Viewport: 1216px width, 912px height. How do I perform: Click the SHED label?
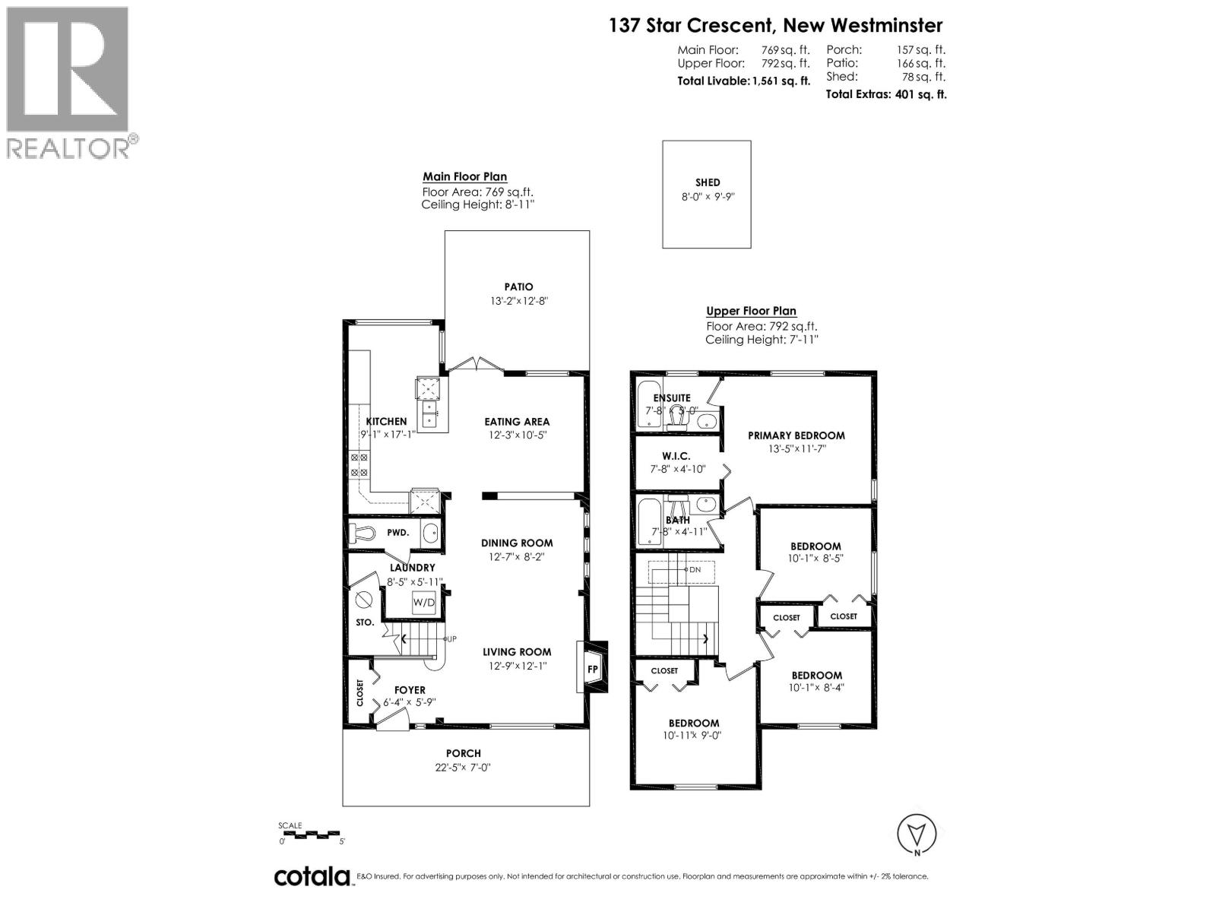coord(707,182)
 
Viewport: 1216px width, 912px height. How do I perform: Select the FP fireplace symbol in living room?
coord(593,670)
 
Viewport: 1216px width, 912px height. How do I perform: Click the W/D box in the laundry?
coord(423,603)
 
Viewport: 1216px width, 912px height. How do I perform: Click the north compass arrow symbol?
coord(917,834)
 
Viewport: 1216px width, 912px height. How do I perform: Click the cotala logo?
coord(312,876)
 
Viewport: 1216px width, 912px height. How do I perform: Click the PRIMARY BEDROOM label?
coord(796,435)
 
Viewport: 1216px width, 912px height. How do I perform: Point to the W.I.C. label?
coord(675,456)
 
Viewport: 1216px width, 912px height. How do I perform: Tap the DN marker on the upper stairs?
coord(694,569)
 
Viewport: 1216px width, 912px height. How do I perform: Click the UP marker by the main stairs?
coord(451,638)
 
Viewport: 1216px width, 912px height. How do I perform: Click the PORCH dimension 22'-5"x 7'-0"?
coord(464,767)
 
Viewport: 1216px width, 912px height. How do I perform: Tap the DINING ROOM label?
coord(517,543)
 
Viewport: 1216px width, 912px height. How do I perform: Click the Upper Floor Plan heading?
coord(751,311)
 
